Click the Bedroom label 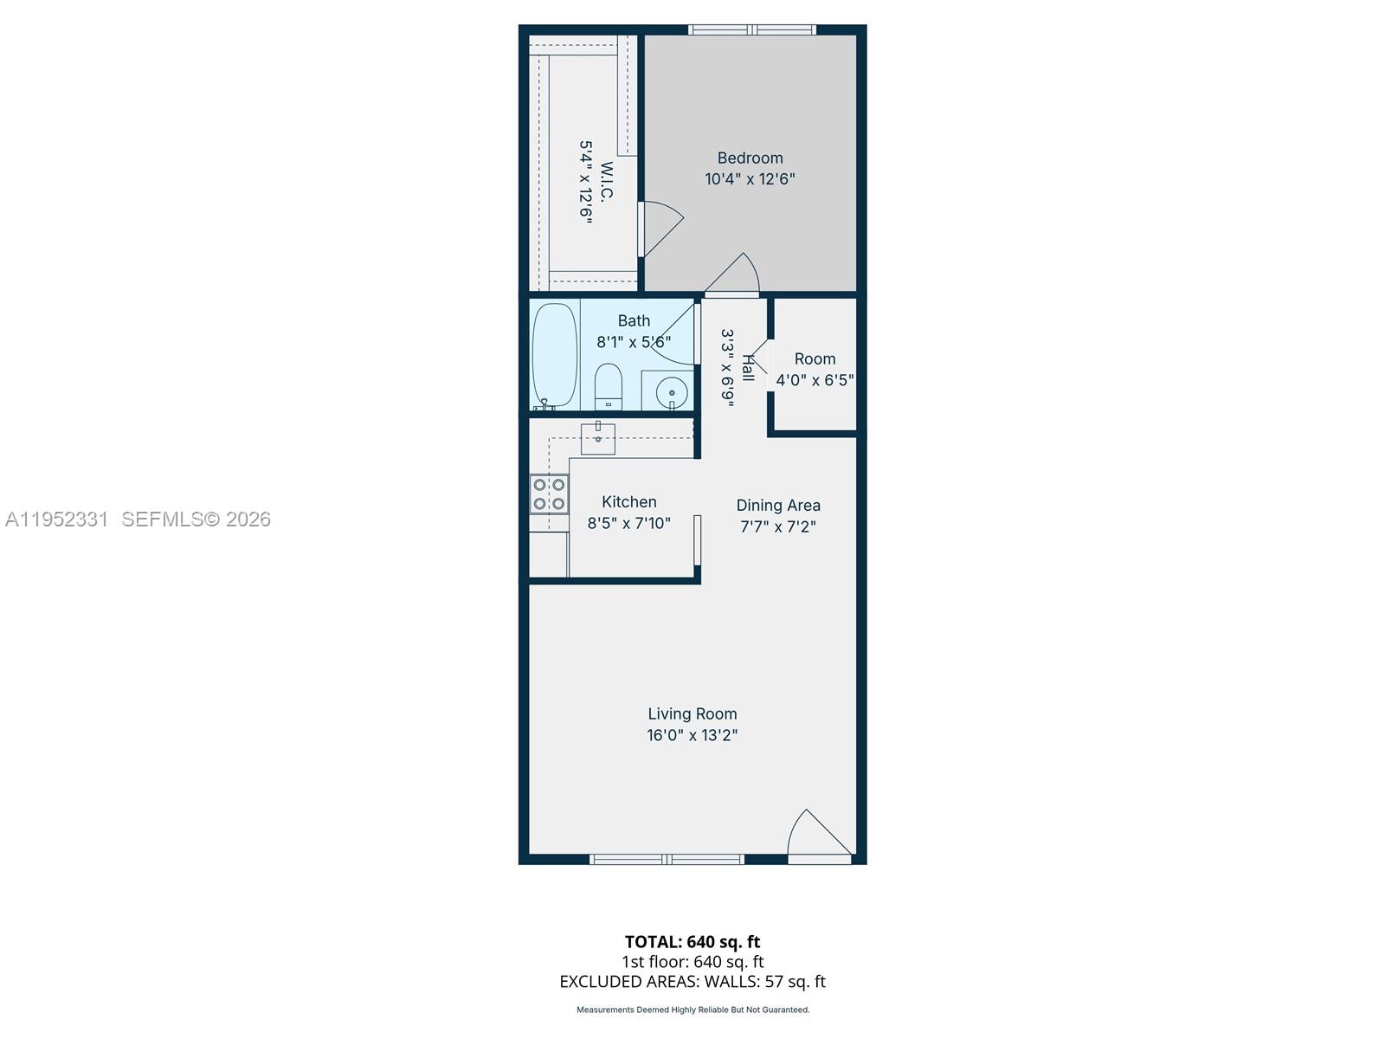(x=750, y=158)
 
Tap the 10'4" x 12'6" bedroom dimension (x=750, y=179)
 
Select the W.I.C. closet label (x=606, y=182)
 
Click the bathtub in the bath (x=554, y=355)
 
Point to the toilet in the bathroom (x=609, y=386)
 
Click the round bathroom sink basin (x=672, y=393)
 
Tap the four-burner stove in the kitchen (x=549, y=494)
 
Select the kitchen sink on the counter (x=597, y=438)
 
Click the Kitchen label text (x=629, y=502)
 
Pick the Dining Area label (x=778, y=506)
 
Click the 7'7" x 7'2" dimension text (x=778, y=526)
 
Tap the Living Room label (x=692, y=714)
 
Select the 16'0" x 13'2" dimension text (x=692, y=736)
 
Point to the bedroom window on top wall (x=752, y=30)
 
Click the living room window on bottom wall (x=667, y=859)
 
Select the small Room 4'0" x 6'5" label (x=815, y=359)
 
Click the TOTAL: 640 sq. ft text (x=692, y=942)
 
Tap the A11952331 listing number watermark (x=57, y=519)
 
